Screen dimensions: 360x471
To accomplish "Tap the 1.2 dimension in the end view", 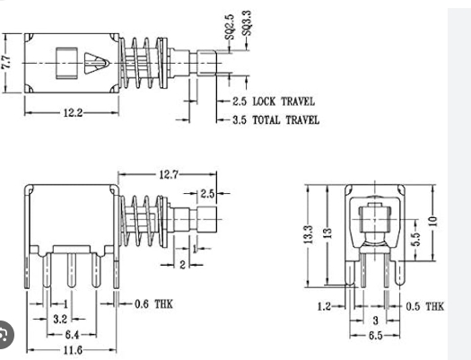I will [325, 306].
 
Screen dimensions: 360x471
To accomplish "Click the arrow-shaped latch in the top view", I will [94, 64].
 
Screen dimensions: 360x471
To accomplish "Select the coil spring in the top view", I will [144, 63].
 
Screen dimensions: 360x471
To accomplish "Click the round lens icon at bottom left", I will [7, 337].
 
